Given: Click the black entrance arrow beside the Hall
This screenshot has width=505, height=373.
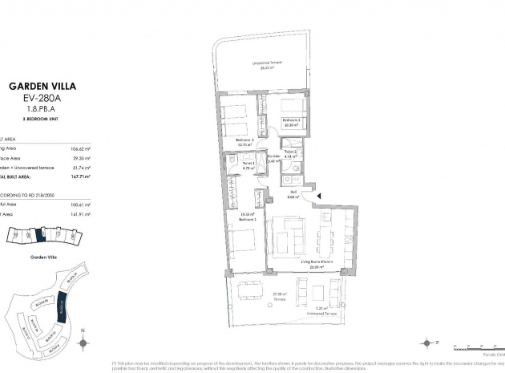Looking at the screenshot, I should point(319,195).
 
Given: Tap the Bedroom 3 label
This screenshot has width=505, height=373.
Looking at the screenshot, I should point(290,119).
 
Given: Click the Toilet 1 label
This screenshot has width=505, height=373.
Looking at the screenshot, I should point(248,164).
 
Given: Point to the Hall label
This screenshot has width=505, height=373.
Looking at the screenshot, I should point(294,193).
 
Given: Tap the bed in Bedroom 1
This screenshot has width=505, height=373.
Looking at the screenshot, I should point(241,241).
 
